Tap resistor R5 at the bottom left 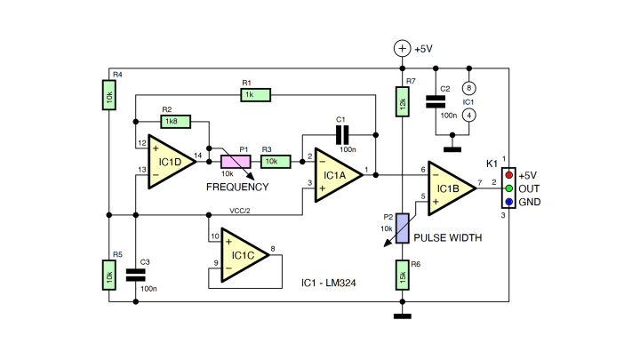108,276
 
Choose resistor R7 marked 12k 402,104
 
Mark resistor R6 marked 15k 402,276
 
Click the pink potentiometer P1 236,161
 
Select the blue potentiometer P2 402,227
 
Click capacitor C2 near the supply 436,102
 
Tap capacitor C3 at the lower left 135,276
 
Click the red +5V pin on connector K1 508,175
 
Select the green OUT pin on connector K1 508,188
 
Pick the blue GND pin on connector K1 508,202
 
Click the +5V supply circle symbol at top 402,49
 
